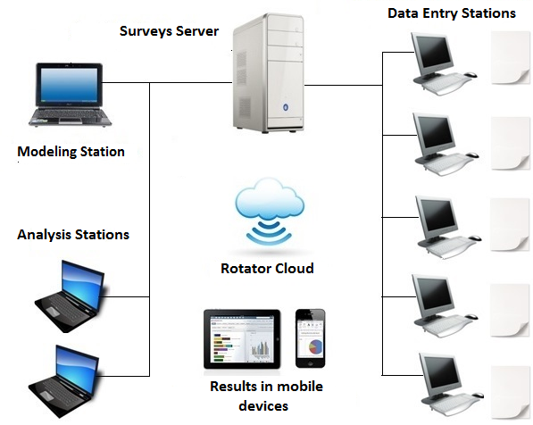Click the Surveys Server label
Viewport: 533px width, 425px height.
[x=169, y=31]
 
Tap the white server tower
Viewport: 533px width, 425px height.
[x=268, y=76]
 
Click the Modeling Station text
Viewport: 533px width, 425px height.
[x=71, y=152]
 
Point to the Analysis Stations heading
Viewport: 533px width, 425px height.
[x=73, y=235]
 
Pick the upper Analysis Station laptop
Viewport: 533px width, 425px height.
[x=71, y=286]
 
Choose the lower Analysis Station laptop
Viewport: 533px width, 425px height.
[x=71, y=371]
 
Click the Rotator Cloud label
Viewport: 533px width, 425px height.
[x=267, y=268]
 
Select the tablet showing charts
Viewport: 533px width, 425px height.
[x=245, y=339]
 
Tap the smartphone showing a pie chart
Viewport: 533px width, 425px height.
[x=311, y=339]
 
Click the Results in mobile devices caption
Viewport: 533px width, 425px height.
[x=266, y=395]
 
